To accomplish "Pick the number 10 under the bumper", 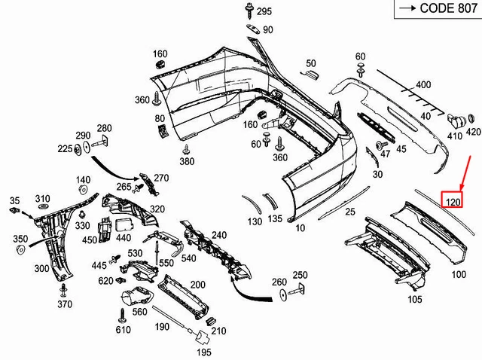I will click(x=300, y=227).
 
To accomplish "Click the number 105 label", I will click(x=415, y=300).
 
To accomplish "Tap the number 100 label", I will click(x=459, y=274).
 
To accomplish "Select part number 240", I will click(x=218, y=235).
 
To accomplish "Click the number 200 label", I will click(x=198, y=284).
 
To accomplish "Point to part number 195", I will click(x=204, y=352).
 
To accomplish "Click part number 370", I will click(x=65, y=304).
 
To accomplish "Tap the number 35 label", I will click(x=14, y=200).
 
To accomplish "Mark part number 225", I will click(x=65, y=149).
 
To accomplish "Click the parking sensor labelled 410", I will click(x=456, y=120).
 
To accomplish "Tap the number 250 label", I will click(x=300, y=275).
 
